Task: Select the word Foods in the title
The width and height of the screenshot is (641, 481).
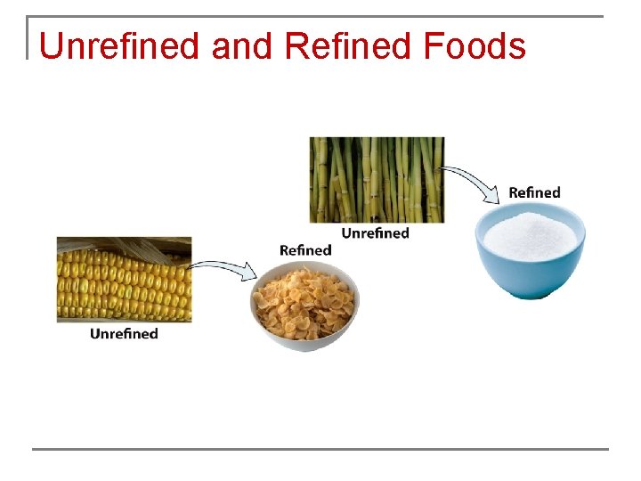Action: pyautogui.click(x=475, y=46)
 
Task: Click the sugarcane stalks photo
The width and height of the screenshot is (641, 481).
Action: pyautogui.click(x=376, y=179)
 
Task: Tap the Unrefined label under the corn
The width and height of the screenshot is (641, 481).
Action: pyautogui.click(x=124, y=334)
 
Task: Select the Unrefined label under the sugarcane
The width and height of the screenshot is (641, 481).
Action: pyautogui.click(x=376, y=233)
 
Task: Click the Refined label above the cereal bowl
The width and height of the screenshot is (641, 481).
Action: pyautogui.click(x=304, y=250)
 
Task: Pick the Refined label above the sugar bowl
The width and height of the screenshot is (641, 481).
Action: pyautogui.click(x=534, y=192)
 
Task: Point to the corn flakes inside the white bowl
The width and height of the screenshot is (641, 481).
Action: pyautogui.click(x=304, y=298)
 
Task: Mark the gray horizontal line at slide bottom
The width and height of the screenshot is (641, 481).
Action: pyautogui.click(x=320, y=449)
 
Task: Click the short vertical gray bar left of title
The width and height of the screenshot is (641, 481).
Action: pyautogui.click(x=28, y=37)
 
